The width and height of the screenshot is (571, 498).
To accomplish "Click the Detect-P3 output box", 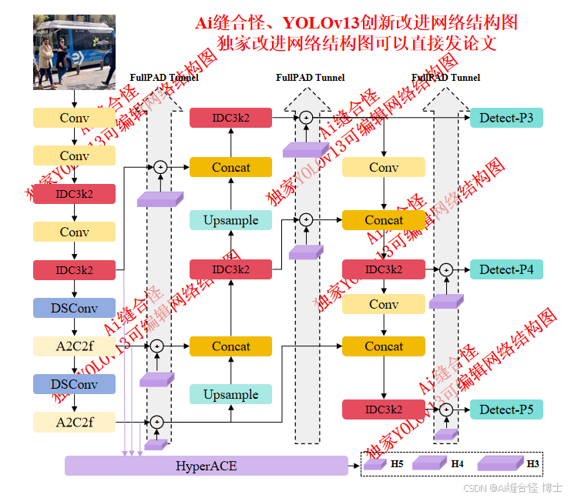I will pos(506,118).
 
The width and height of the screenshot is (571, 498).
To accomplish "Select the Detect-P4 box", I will pos(506,269).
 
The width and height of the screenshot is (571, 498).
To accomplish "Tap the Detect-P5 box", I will pos(506,409).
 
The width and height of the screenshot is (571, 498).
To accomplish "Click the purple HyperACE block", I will pos(206,466).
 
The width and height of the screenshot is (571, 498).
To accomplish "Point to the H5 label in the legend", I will pos(397,464).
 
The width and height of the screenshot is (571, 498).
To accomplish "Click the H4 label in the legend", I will pos(457,464).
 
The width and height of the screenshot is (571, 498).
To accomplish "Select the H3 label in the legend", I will pos(532,464).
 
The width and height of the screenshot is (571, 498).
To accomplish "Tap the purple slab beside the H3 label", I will pos(499,463).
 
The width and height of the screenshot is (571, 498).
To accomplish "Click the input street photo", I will pos(74,52).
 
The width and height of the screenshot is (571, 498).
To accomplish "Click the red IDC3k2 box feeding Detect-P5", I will pos(384,409).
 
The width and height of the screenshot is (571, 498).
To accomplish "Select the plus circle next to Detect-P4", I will pos(445,269).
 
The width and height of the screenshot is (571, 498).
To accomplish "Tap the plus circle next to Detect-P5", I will pos(445,409).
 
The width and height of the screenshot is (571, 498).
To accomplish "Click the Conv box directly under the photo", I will pos(74,118).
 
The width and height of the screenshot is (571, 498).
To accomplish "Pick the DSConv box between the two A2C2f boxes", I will pos(74,384).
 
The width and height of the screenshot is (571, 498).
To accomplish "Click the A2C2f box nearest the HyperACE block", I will pos(74,422).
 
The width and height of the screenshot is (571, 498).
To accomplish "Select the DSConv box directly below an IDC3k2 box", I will pos(74,308).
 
